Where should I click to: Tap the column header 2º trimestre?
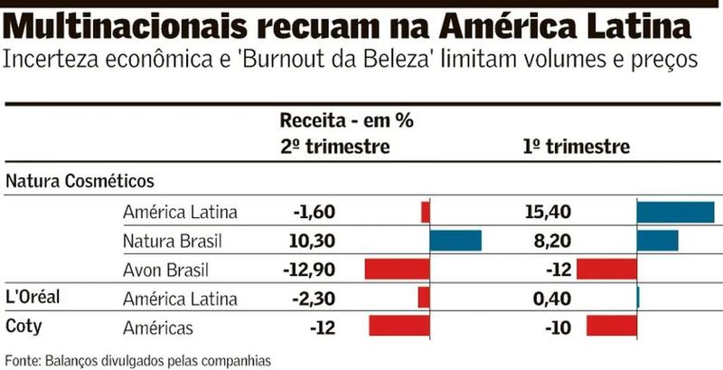point(334,147)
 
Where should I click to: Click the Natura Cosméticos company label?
point(80,182)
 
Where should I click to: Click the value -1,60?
point(314,213)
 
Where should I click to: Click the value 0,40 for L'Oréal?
point(553,299)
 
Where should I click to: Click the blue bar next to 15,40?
point(675,212)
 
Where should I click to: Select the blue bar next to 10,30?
point(455,241)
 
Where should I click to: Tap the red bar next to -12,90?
point(397,270)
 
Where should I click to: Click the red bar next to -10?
point(612,327)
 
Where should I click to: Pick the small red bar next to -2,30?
point(424,298)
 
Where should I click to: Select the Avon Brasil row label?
point(167,270)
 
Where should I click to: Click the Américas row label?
point(158,327)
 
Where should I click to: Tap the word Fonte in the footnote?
point(23,359)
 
